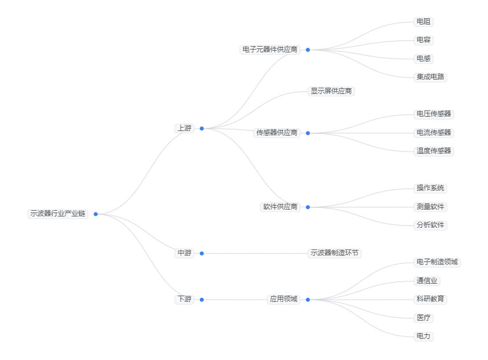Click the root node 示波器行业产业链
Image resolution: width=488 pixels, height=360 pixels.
click(x=58, y=214)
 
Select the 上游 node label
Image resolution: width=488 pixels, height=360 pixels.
click(x=184, y=129)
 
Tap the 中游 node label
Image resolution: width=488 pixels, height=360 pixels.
click(x=184, y=253)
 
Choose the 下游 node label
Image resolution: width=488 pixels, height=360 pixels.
click(x=184, y=300)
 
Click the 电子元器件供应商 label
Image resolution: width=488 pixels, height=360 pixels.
click(x=270, y=50)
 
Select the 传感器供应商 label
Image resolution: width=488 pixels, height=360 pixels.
click(x=277, y=133)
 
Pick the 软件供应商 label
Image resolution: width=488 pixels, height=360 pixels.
click(x=280, y=207)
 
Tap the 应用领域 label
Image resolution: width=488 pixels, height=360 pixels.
click(x=283, y=300)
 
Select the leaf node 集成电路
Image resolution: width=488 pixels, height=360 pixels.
click(x=430, y=77)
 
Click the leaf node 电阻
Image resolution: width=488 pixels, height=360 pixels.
click(x=423, y=22)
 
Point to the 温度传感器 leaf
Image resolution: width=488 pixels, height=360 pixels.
click(x=433, y=151)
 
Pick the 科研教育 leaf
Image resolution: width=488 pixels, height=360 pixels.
click(x=430, y=300)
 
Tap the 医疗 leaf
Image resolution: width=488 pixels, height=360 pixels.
click(x=423, y=318)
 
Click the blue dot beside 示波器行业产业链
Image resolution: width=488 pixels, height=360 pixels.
click(x=96, y=214)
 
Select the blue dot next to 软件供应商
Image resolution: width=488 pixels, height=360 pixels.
click(x=307, y=207)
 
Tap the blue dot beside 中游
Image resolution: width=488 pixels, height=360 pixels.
click(x=202, y=253)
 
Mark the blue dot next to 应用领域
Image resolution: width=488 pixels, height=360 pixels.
click(x=307, y=300)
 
